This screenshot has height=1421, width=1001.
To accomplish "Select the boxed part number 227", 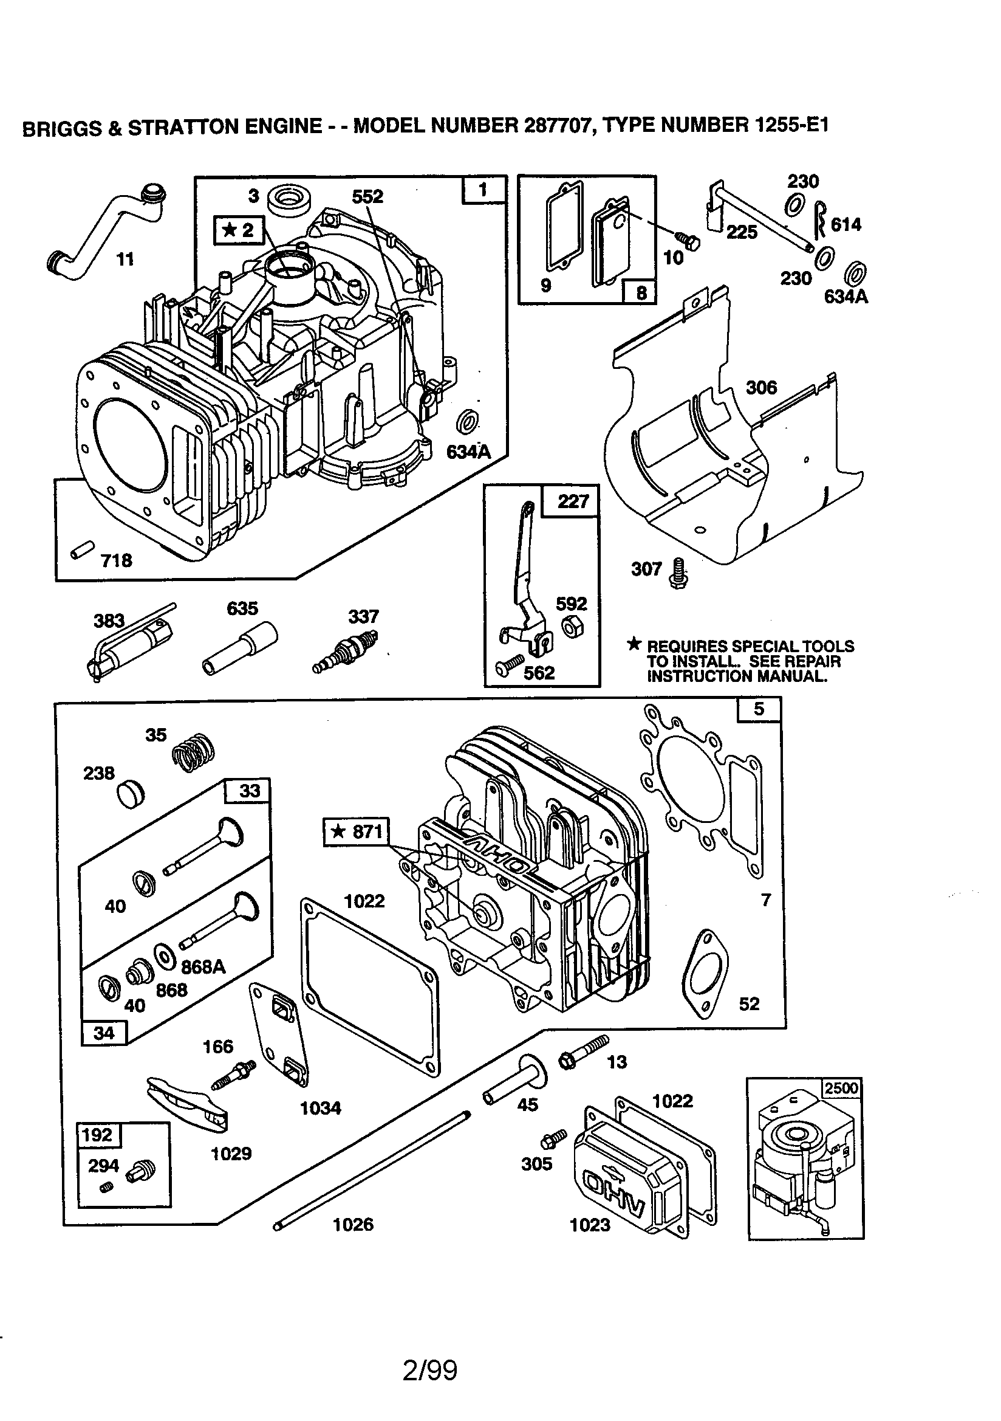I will click(x=572, y=501).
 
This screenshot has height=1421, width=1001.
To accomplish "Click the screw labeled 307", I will click(x=678, y=573).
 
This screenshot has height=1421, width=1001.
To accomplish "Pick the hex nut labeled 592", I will click(x=571, y=627).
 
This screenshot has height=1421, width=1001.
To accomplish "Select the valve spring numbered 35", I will click(x=194, y=752).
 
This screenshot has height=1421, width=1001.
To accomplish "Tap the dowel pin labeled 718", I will click(x=83, y=548).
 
